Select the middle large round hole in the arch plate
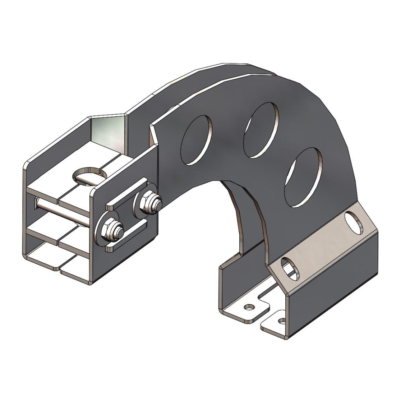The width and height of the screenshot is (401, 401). (x=261, y=130)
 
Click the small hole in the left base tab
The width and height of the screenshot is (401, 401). (x=248, y=308)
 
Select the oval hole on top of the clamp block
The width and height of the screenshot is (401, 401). (x=90, y=175)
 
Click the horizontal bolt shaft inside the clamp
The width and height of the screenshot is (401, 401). (x=61, y=212)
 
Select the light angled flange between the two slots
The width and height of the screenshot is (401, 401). (x=323, y=244)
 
